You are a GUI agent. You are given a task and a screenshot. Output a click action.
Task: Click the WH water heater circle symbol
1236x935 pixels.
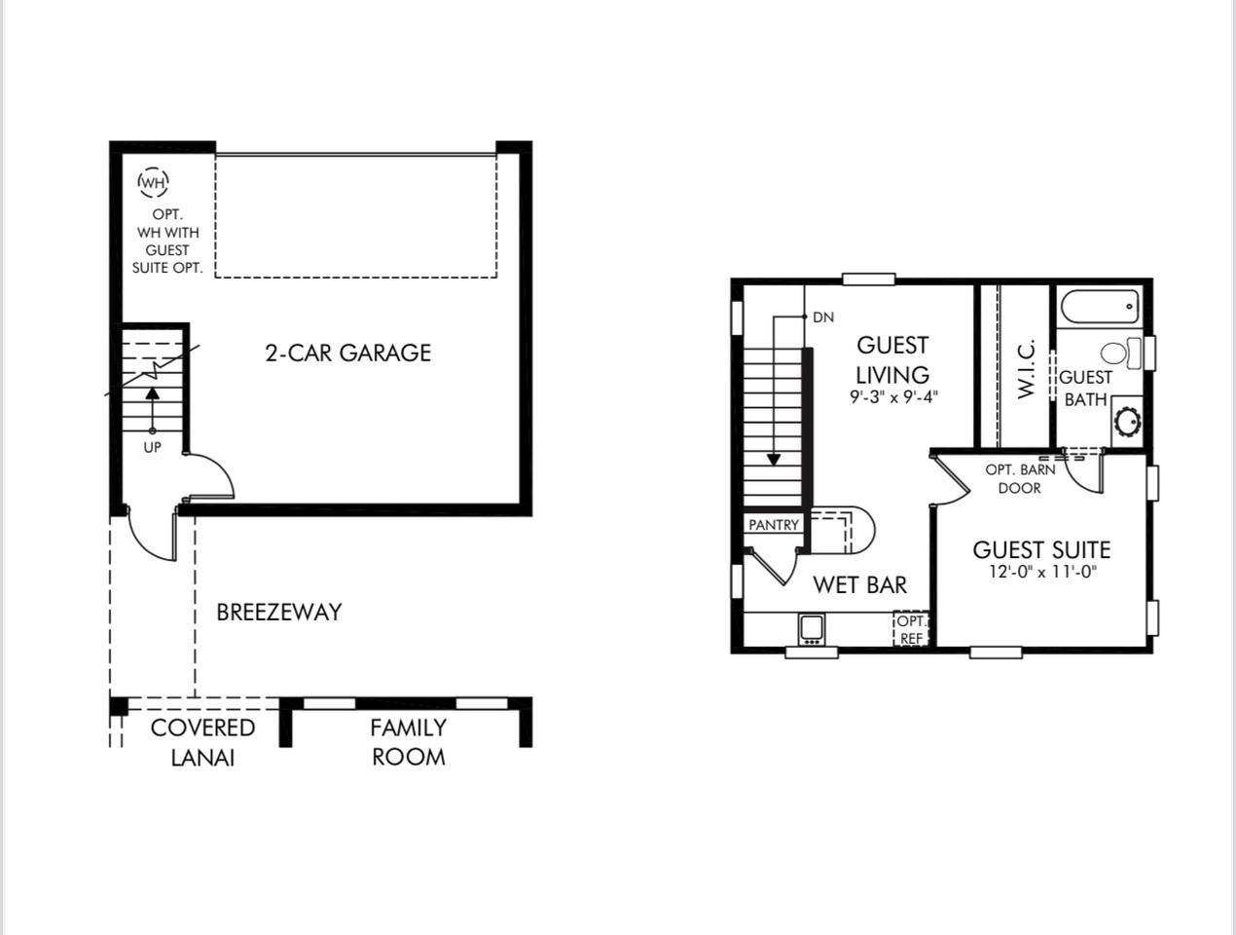tap(153, 182)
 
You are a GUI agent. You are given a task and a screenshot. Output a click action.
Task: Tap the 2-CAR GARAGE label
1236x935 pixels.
tap(347, 353)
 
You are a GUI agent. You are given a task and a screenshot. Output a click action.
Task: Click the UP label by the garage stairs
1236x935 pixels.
tap(152, 447)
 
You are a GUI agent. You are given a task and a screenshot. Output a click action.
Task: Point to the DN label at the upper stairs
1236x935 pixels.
tap(822, 317)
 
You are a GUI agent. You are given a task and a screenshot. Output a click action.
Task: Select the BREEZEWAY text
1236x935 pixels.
tap(279, 613)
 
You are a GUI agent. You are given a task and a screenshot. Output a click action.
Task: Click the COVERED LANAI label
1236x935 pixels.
tap(202, 742)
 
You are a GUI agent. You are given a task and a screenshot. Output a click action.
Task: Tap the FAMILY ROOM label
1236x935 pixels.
tap(408, 742)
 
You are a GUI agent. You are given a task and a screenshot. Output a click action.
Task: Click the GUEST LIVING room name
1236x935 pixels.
tap(892, 359)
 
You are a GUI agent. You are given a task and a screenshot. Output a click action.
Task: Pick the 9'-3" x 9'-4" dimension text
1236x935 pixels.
tap(892, 397)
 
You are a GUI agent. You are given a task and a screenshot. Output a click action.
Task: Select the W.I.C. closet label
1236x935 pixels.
tap(1026, 369)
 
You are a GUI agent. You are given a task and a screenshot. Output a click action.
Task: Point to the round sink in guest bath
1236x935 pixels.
tap(1127, 422)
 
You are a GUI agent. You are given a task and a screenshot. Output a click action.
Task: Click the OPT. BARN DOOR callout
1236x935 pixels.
tap(1019, 478)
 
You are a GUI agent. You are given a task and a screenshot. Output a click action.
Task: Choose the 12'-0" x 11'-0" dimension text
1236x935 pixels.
tap(1041, 573)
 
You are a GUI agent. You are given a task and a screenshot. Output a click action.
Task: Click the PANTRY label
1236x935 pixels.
tap(773, 525)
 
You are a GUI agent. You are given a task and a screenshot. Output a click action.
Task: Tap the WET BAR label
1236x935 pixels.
tap(859, 584)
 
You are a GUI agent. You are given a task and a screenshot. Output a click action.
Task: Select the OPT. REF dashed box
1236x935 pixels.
tap(911, 629)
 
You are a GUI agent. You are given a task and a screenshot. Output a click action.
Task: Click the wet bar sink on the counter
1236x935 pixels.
tap(812, 628)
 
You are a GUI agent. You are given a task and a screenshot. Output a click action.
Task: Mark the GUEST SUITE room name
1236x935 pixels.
tap(1041, 549)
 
